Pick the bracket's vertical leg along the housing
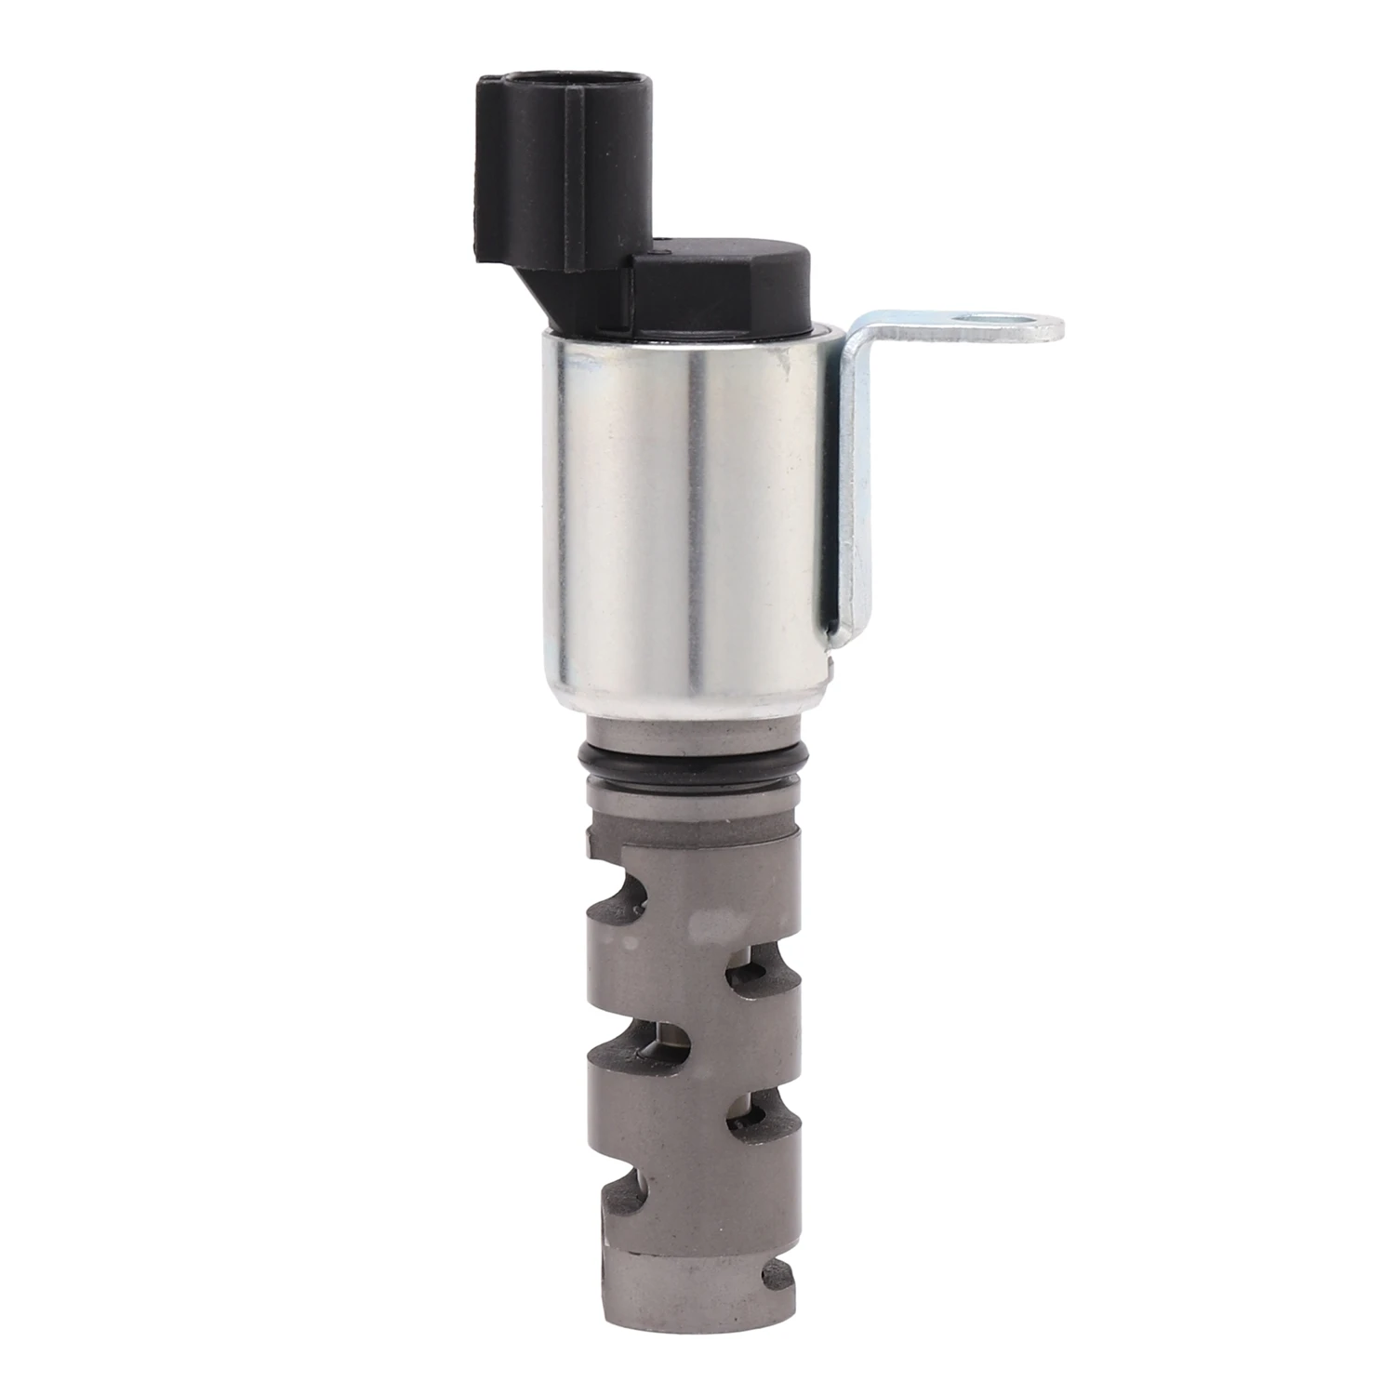[856, 493]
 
